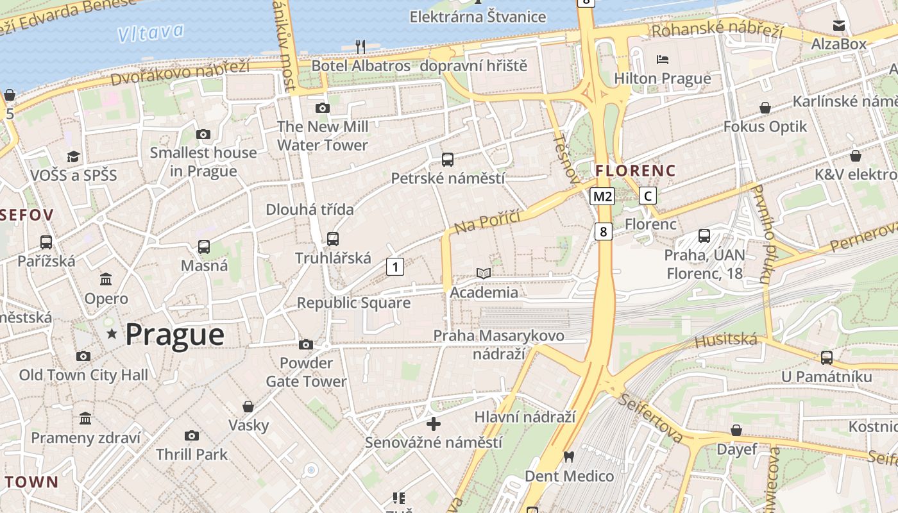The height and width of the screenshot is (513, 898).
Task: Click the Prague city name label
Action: (174, 335)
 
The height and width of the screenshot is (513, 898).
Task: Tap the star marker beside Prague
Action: (112, 333)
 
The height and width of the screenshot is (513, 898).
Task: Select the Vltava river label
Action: (151, 33)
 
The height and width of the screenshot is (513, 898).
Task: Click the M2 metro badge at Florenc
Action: (602, 196)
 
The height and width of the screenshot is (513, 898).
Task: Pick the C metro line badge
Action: (648, 196)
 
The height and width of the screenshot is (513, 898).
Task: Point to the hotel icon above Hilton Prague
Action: (663, 60)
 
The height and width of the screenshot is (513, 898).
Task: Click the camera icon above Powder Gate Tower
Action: (306, 345)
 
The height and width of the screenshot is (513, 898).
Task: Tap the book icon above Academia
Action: (484, 274)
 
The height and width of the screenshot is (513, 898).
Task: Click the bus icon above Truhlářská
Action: (332, 239)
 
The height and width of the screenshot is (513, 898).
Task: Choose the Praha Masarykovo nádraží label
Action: (498, 344)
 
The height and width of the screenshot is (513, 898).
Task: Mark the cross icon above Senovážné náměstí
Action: (434, 424)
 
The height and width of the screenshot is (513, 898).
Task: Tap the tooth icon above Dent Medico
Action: (568, 457)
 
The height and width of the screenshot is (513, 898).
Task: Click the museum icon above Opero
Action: (106, 280)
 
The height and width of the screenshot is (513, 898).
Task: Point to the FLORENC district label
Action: (635, 171)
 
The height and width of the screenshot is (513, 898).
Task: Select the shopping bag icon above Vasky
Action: (248, 407)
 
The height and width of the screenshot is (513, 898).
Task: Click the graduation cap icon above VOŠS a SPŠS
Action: (73, 157)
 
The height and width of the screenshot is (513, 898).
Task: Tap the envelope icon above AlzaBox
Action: (838, 26)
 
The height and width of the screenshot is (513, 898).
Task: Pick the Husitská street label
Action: (726, 341)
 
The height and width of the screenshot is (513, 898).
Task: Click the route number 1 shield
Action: (395, 266)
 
